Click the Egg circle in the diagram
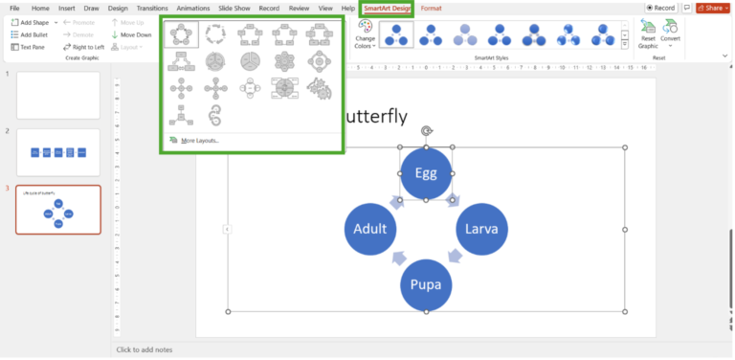tap(426, 173)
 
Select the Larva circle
tap(480, 230)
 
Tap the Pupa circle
tap(426, 284)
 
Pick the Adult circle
tap(370, 230)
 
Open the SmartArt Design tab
tap(387, 8)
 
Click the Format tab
tap(432, 8)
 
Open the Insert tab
tap(66, 8)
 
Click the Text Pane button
tap(31, 46)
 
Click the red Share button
tap(713, 8)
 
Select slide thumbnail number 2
tap(58, 152)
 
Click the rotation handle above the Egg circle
tap(426, 131)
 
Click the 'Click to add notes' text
tap(145, 350)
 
